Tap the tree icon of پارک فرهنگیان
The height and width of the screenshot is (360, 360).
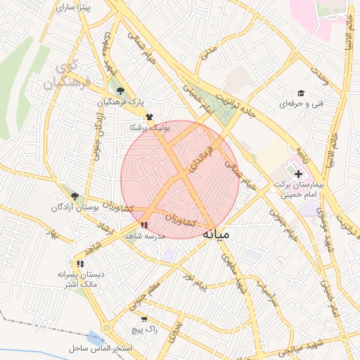pos(121,91)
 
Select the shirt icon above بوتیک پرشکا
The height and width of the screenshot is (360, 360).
pos(148,117)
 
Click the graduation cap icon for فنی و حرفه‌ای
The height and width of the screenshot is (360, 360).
pos(301,94)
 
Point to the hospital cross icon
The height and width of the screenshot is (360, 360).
pos(297,173)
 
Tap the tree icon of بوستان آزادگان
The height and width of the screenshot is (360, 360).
pos(75,197)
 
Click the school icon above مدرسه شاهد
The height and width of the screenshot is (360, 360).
pos(144,225)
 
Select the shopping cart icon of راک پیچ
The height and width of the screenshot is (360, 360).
pos(144,319)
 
